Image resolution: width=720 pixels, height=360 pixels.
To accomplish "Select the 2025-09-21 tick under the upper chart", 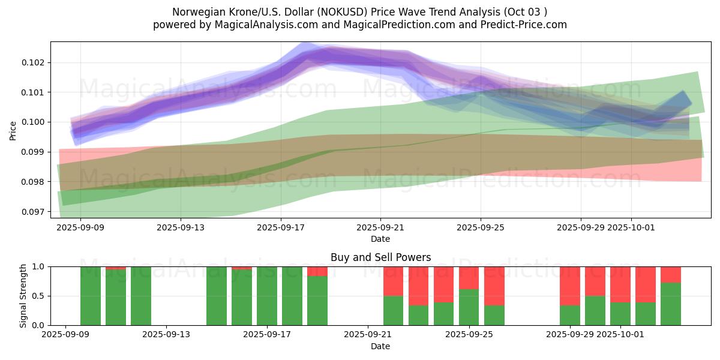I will [x=380, y=228].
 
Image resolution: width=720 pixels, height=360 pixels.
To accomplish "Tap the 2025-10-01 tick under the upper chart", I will [x=631, y=228].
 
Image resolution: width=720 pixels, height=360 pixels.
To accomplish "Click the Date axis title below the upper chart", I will [x=380, y=239].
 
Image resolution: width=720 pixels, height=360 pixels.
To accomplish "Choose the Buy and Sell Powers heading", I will [x=380, y=257].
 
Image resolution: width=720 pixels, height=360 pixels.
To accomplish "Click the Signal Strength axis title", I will [x=23, y=295].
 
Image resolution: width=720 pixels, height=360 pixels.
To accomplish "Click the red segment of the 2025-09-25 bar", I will [x=469, y=278].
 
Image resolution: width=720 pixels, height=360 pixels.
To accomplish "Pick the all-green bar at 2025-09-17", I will [x=267, y=296].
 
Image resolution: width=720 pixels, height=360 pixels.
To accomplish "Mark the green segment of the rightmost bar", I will [x=670, y=304].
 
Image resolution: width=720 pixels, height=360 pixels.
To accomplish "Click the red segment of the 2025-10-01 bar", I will [x=620, y=284].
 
